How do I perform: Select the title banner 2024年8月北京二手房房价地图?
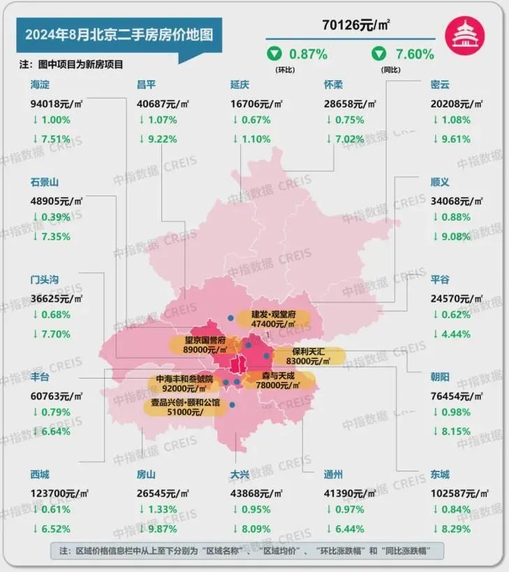pos(119,34)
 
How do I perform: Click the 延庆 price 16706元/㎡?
pos(256,104)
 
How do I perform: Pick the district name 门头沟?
pos(45,280)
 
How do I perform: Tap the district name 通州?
pos(334,475)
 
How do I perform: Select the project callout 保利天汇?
pos(308,356)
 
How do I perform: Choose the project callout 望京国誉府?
pos(199,344)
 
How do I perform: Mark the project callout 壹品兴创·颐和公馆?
pos(186,408)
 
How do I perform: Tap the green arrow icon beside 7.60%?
pos(379,54)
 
